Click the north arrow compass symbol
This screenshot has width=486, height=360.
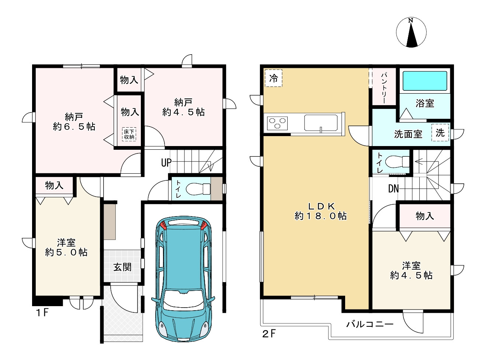pyautogui.click(x=411, y=32)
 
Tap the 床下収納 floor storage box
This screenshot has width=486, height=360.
pyautogui.click(x=129, y=134)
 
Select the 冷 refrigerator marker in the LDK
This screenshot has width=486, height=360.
pyautogui.click(x=273, y=78)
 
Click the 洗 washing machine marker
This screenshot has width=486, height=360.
pyautogui.click(x=440, y=133)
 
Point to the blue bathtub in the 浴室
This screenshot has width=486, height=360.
pyautogui.click(x=425, y=81)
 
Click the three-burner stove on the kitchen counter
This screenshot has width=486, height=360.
pyautogui.click(x=277, y=123)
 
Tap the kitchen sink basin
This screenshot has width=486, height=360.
pyautogui.click(x=320, y=123)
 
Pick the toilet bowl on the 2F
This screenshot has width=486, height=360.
pyautogui.click(x=397, y=162)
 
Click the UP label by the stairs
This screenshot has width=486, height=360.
pyautogui.click(x=166, y=162)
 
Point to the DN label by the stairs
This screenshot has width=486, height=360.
pyautogui.click(x=393, y=189)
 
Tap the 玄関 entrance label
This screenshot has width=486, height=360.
pyautogui.click(x=122, y=267)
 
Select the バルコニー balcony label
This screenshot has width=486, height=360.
pyautogui.click(x=370, y=324)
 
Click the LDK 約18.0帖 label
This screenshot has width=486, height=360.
pyautogui.click(x=320, y=211)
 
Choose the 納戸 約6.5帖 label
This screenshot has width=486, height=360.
pyautogui.click(x=74, y=122)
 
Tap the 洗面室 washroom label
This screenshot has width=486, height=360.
pyautogui.click(x=408, y=134)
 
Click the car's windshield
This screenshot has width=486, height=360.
pyautogui.click(x=183, y=299)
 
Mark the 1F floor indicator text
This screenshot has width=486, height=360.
pyautogui.click(x=42, y=312)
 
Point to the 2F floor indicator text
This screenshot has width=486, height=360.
pyautogui.click(x=269, y=334)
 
